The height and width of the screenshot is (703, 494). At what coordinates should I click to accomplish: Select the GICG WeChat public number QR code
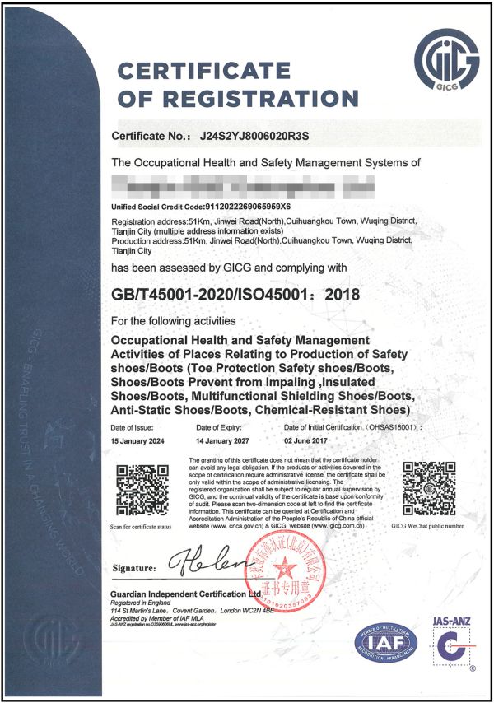(x=426, y=488)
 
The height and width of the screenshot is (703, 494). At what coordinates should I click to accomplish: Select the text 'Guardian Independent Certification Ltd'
(x=198, y=594)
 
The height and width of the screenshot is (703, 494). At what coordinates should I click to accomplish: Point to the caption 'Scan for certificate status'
(x=137, y=525)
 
